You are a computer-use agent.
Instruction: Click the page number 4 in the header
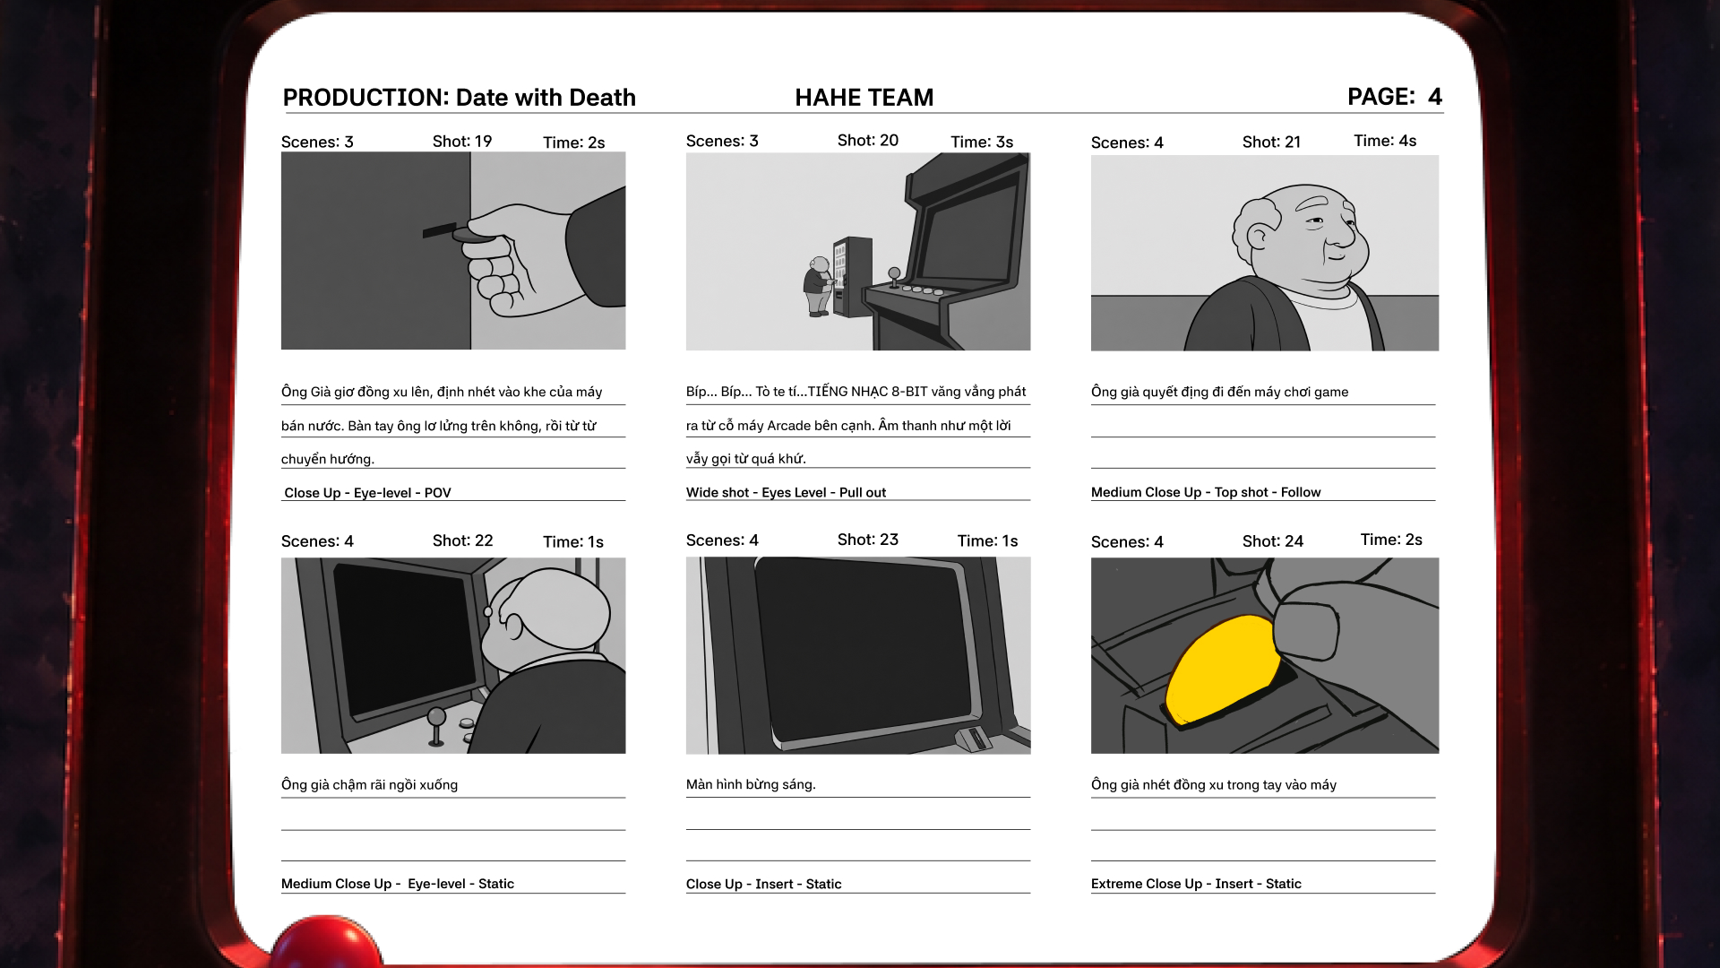click(x=1435, y=97)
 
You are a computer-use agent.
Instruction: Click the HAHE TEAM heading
click(x=864, y=98)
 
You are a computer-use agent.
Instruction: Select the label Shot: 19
click(x=462, y=142)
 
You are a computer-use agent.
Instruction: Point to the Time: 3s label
click(x=982, y=143)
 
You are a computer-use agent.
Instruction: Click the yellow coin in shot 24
click(x=1224, y=669)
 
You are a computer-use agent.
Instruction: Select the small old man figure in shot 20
click(x=818, y=287)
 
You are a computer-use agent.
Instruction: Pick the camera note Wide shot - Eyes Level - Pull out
click(x=786, y=492)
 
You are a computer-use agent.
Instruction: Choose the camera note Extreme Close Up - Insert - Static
click(x=1196, y=884)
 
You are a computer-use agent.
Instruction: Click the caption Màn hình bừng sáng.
click(x=751, y=784)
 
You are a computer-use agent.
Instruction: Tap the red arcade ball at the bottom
click(x=326, y=941)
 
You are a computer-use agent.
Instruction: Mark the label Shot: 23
click(x=868, y=540)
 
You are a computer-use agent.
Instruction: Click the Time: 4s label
click(x=1385, y=141)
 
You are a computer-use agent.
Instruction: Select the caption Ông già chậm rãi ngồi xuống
click(x=369, y=785)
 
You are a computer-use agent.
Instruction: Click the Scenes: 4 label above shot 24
click(x=1127, y=541)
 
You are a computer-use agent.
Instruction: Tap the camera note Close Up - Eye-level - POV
click(x=367, y=493)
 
